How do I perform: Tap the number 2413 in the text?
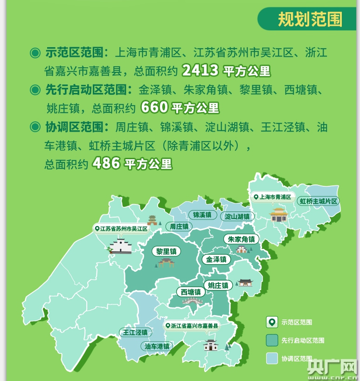(x=201, y=71)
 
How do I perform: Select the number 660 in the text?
(x=153, y=107)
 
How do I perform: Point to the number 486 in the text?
(x=107, y=163)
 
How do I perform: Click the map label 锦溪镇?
(x=202, y=215)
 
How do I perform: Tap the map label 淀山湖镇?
(x=237, y=217)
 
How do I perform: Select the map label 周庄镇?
(x=179, y=226)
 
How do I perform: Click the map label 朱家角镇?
(x=242, y=239)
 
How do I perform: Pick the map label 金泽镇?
(x=216, y=259)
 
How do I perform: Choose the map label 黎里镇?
(x=166, y=251)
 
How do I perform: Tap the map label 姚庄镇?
(x=218, y=285)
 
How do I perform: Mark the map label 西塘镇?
(x=191, y=292)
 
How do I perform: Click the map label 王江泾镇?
(x=135, y=333)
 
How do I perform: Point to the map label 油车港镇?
(x=156, y=346)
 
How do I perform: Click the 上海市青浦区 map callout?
(x=272, y=198)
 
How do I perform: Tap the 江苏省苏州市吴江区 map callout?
(x=120, y=229)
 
